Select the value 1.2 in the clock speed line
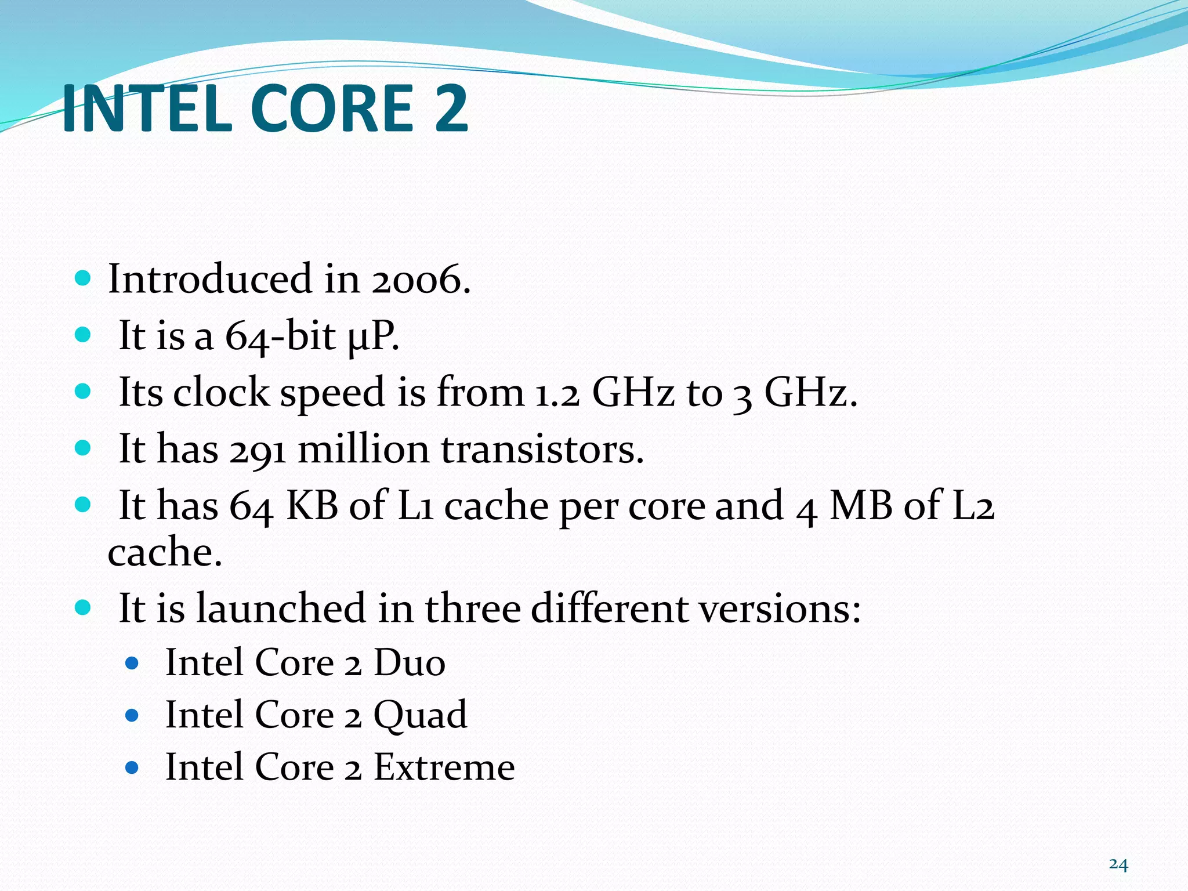557,393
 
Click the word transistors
542,450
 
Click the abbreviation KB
312,506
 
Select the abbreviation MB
861,506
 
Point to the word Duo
409,662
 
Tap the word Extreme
444,767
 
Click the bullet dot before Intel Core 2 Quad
132,715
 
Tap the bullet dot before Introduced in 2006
83,279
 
